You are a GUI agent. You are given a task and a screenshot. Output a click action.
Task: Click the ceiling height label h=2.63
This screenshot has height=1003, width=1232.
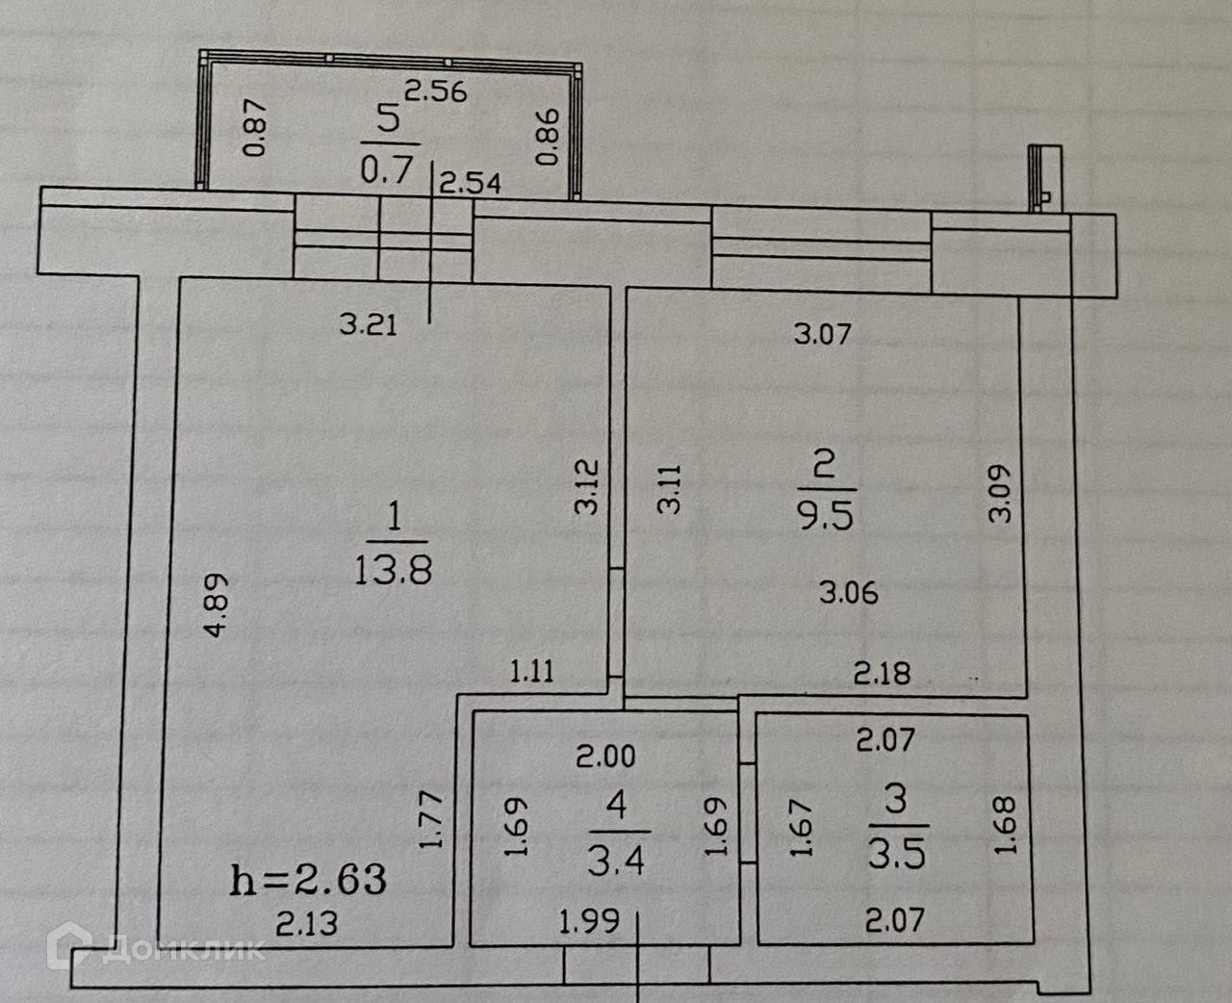(308, 879)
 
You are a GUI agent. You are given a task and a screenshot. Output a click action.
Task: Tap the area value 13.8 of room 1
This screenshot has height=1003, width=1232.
(393, 571)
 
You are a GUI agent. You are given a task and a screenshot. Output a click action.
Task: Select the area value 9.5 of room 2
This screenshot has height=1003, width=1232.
(825, 517)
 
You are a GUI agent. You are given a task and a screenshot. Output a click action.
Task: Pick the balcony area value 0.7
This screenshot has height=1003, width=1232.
(386, 170)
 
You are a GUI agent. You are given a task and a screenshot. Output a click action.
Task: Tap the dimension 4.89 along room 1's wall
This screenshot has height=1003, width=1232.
(218, 604)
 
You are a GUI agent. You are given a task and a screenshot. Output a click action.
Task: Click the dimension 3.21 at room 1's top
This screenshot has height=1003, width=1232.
(368, 324)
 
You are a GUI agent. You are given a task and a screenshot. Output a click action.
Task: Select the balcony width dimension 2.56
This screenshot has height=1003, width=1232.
(435, 91)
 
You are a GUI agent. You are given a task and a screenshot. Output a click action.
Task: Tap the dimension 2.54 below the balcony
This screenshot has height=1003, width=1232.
(470, 183)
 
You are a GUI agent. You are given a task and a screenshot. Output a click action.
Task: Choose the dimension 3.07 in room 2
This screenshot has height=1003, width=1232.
(823, 334)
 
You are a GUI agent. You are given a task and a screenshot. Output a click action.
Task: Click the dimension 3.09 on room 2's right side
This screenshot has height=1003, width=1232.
(1001, 493)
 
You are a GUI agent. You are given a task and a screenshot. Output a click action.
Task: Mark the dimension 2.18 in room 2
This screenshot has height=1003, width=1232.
(882, 672)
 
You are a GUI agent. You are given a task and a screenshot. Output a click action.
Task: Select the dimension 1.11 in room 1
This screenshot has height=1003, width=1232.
(532, 670)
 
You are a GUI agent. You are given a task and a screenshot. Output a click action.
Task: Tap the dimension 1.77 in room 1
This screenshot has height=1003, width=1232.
(431, 819)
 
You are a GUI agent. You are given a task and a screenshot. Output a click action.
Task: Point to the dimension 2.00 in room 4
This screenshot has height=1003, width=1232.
(605, 757)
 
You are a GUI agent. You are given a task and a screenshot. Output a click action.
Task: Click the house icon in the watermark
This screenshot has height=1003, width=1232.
(73, 945)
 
